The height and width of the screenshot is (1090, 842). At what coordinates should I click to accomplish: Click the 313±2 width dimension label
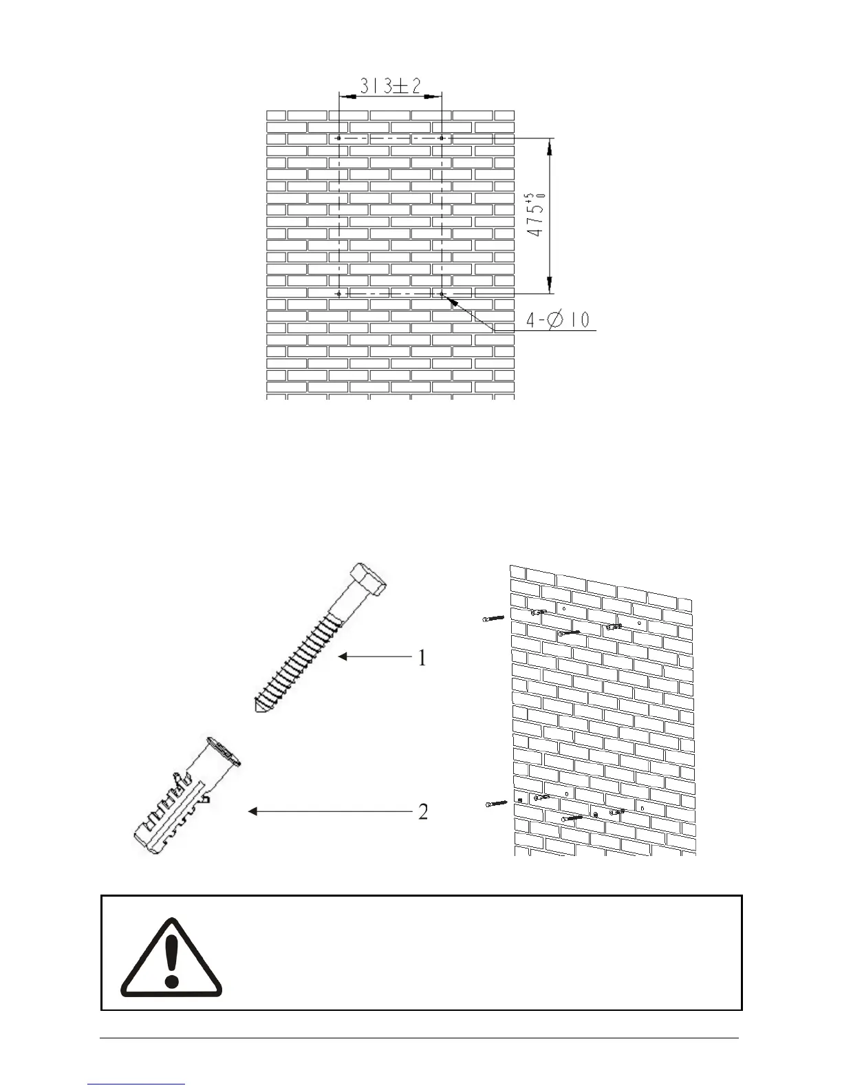[391, 85]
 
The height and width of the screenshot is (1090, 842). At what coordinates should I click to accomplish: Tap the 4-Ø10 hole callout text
[558, 320]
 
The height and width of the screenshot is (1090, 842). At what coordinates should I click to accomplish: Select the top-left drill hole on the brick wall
[338, 138]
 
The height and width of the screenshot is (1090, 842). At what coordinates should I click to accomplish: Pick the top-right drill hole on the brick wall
[441, 138]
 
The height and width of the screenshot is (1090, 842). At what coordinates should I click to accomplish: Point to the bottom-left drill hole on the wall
[338, 294]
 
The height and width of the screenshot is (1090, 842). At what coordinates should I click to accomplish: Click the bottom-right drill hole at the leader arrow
[441, 294]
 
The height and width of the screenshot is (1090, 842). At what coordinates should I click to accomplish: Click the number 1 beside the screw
[422, 659]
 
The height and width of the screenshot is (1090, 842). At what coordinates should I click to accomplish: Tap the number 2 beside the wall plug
[423, 812]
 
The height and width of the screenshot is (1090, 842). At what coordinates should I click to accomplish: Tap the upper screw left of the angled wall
[493, 619]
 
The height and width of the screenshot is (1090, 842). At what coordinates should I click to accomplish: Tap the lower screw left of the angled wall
[495, 803]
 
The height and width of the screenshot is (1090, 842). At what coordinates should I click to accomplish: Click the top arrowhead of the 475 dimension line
[550, 145]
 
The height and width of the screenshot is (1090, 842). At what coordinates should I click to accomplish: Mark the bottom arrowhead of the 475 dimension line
[550, 286]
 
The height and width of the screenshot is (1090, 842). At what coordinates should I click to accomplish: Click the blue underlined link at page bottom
[137, 1085]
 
